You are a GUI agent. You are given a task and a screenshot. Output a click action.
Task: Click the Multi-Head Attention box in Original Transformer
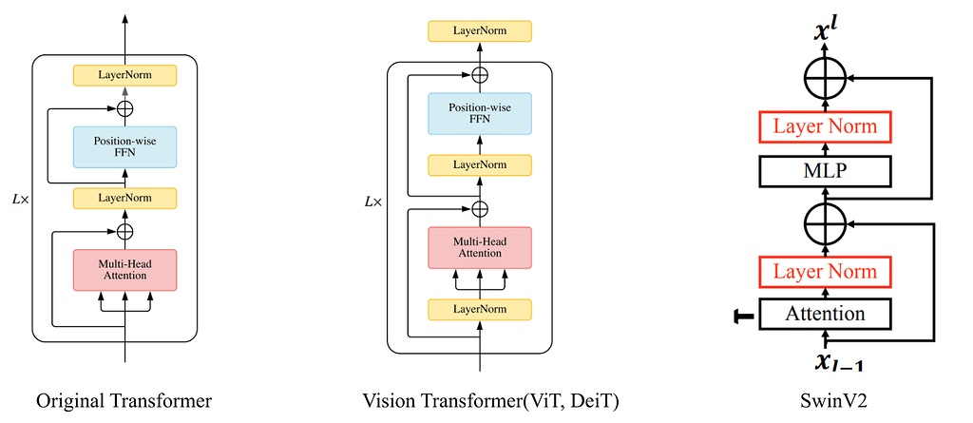click(124, 269)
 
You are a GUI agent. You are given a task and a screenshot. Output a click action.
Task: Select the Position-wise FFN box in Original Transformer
click(124, 146)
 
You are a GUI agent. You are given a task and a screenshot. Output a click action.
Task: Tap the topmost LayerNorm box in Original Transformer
click(124, 74)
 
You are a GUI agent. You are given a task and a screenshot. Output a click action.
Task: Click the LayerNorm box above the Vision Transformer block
click(480, 30)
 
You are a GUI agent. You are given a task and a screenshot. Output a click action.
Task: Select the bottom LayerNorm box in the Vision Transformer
click(480, 309)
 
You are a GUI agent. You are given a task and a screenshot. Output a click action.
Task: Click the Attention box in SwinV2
click(825, 313)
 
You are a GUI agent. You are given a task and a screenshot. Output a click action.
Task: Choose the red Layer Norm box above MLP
click(825, 126)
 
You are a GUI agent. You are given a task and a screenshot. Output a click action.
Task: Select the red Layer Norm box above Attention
click(825, 272)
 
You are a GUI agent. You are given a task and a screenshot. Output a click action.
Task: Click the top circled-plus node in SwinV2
click(825, 74)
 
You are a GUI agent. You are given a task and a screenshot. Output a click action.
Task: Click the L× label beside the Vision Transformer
click(373, 202)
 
